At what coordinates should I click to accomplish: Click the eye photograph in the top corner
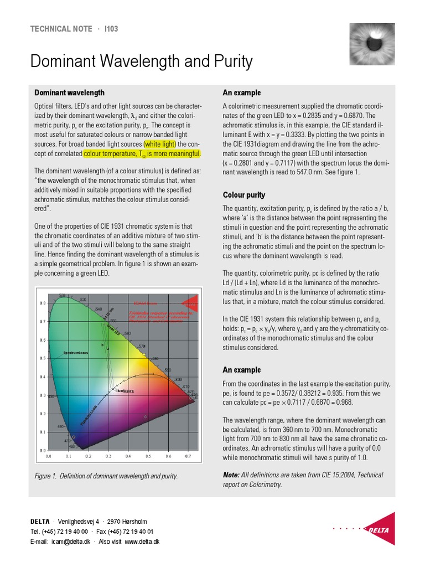(372, 44)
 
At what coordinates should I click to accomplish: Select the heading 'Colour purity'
(244, 195)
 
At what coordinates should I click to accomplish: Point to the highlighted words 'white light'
(160, 144)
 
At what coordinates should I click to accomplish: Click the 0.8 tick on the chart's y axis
(43, 303)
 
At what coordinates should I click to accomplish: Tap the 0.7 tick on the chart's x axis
(188, 456)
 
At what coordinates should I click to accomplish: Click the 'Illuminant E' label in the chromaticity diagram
(125, 391)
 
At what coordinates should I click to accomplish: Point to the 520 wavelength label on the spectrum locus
(63, 295)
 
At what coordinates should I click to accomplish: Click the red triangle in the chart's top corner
(190, 301)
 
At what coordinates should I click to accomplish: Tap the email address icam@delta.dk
(70, 541)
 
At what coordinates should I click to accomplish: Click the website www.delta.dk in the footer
(142, 541)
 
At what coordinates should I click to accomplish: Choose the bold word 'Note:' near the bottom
(231, 475)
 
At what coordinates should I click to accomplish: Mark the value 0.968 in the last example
(342, 402)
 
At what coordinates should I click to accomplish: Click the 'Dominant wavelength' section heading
(69, 92)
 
